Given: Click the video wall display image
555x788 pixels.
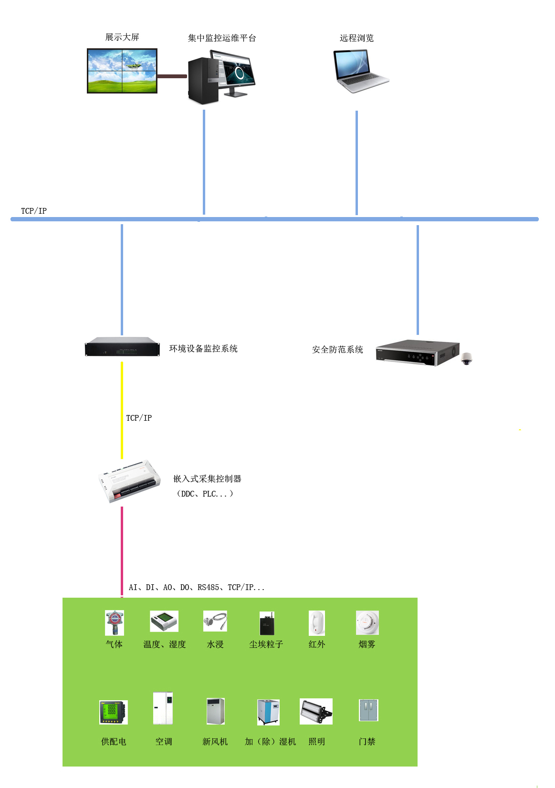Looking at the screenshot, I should [122, 71].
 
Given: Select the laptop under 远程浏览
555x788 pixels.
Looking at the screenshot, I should [361, 72].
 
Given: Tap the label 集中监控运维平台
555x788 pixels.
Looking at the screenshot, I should [222, 38].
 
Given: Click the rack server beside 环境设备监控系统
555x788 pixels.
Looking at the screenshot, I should [123, 347].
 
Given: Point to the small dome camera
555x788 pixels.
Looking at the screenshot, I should [466, 359].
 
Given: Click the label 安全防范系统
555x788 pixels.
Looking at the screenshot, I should [337, 350].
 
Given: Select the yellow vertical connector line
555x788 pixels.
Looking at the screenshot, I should [122, 410].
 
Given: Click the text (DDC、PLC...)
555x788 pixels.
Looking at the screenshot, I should [205, 494].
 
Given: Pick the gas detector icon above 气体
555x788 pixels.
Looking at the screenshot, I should [115, 623].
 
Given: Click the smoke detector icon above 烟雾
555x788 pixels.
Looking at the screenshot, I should [367, 623].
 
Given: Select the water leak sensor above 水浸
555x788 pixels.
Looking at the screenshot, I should [215, 622].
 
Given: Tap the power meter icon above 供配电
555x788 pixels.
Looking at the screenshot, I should [113, 712].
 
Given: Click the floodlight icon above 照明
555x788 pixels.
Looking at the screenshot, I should [316, 712].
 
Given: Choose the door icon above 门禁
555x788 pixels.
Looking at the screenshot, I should [368, 710].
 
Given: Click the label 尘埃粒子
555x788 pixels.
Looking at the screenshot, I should [266, 644].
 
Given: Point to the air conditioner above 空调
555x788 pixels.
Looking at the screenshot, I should [163, 708].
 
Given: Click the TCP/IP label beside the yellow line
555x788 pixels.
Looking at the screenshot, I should [139, 418].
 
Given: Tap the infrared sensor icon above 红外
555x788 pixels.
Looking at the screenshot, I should [317, 623].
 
